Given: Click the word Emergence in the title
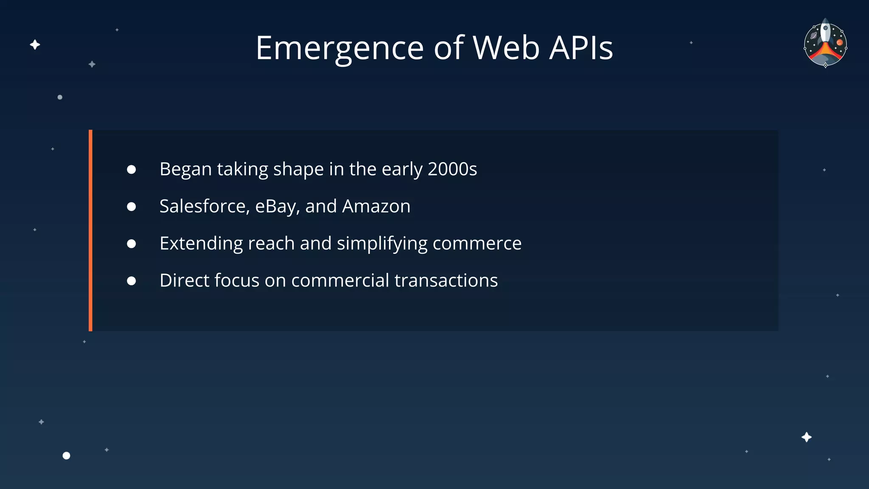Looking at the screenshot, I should pyautogui.click(x=339, y=48).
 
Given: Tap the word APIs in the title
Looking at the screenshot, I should pyautogui.click(x=581, y=48).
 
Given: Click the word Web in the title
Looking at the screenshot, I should pyautogui.click(x=506, y=48).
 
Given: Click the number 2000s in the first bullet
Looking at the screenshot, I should pyautogui.click(x=452, y=169).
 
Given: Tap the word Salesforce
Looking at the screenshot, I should pyautogui.click(x=204, y=206).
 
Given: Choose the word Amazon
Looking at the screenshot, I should pyautogui.click(x=376, y=206).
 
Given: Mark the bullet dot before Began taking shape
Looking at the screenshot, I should pyautogui.click(x=132, y=170).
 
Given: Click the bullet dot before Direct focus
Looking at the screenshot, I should pyautogui.click(x=132, y=281).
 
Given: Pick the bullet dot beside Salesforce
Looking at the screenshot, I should pyautogui.click(x=132, y=207).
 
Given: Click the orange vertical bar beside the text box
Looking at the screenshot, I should pyautogui.click(x=90, y=230).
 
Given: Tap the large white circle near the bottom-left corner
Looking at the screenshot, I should pyautogui.click(x=66, y=455).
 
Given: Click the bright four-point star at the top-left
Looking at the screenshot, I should pyautogui.click(x=35, y=45).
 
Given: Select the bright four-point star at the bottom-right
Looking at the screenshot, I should pyautogui.click(x=806, y=437).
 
